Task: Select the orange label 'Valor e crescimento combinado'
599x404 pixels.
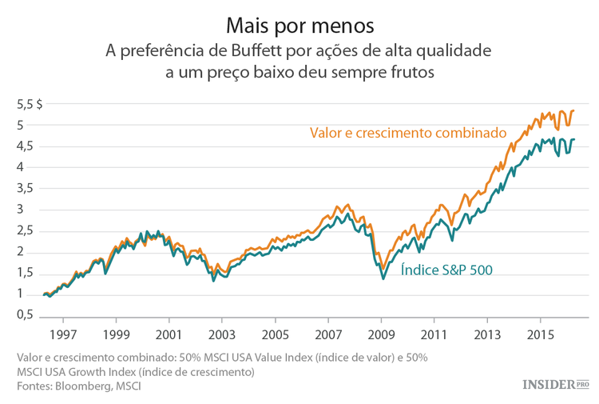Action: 408,132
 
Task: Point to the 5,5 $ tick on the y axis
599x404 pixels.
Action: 30,104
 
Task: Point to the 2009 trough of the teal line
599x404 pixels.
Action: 383,278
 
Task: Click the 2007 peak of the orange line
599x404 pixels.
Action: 337,206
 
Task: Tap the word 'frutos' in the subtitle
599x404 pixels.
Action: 408,73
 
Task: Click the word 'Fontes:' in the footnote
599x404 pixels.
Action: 38,386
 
